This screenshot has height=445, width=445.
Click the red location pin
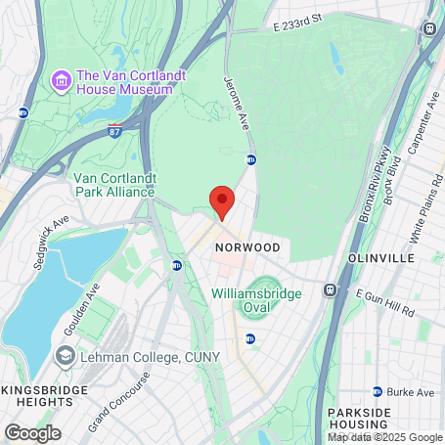(x=222, y=201)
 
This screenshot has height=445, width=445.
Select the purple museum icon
(x=61, y=79)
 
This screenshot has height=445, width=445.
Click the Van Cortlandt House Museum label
(x=124, y=82)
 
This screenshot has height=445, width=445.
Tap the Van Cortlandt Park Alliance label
(x=113, y=185)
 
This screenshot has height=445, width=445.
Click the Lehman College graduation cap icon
(x=65, y=356)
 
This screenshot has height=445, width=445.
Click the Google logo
(x=32, y=431)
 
